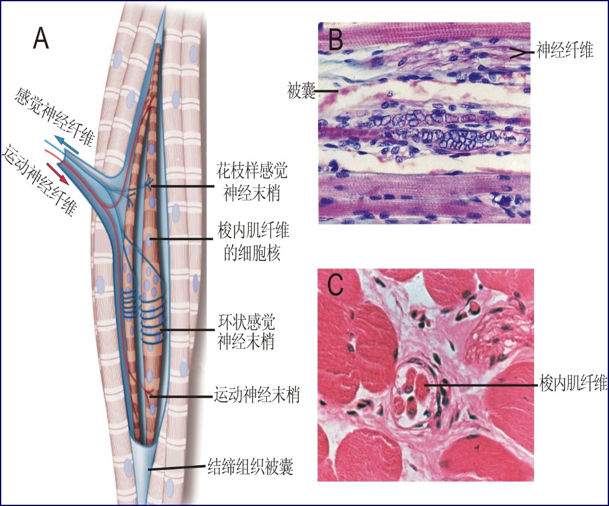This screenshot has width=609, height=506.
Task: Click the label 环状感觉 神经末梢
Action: (x=246, y=333)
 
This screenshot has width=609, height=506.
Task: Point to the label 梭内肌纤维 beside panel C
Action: (x=573, y=384)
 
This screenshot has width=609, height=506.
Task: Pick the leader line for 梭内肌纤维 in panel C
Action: (x=483, y=385)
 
